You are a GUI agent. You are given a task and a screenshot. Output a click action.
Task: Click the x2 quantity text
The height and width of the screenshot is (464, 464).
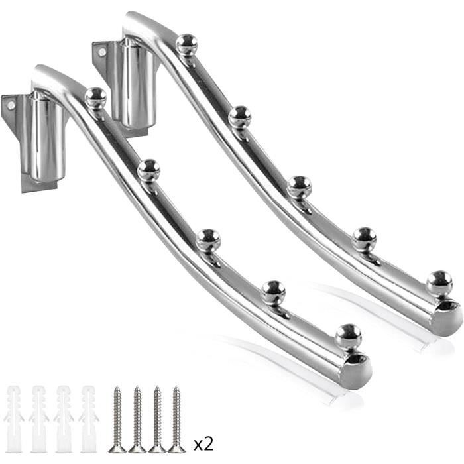click(x=203, y=445)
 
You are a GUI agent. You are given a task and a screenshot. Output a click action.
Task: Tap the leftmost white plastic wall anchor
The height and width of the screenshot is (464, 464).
click(x=14, y=419)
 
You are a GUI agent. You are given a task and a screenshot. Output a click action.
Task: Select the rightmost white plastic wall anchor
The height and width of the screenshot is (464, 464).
click(x=89, y=419)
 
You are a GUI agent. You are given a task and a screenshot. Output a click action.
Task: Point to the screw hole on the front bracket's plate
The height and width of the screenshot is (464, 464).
click(x=11, y=105)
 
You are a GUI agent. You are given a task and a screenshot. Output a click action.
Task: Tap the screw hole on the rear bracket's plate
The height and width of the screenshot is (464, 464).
click(x=102, y=52)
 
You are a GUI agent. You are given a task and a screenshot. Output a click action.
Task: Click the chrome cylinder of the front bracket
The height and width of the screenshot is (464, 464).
click(x=47, y=138)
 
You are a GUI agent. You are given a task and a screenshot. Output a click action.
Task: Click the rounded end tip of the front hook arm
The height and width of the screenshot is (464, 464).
click(x=356, y=371)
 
